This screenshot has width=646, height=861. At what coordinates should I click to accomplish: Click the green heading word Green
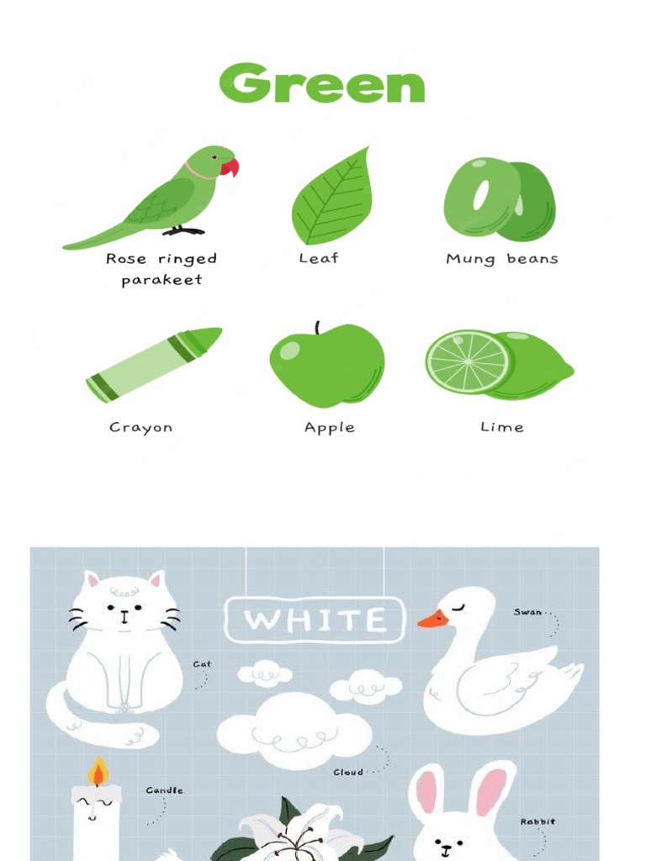tap(322, 84)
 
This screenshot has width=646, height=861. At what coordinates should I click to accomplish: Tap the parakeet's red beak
tap(230, 167)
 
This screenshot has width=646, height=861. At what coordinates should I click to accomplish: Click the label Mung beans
tap(501, 259)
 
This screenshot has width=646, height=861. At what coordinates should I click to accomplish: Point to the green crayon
tap(154, 364)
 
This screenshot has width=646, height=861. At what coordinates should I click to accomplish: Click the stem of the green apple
tap(317, 328)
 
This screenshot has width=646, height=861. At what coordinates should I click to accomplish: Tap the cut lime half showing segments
tap(468, 362)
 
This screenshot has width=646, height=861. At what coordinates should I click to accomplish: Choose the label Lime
tap(501, 427)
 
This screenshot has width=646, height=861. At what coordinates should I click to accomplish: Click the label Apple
tap(329, 428)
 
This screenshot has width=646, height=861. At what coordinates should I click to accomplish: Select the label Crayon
tap(140, 427)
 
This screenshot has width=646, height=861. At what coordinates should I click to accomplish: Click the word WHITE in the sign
tap(315, 621)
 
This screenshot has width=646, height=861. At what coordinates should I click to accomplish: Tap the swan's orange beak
tap(432, 620)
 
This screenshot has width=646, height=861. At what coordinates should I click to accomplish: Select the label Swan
tap(528, 612)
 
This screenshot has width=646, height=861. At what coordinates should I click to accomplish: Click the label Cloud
tap(348, 772)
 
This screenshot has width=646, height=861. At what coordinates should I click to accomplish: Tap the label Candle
tap(164, 790)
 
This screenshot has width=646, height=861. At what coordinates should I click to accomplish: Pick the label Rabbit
tap(537, 821)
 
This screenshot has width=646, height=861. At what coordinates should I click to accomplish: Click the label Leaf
tap(318, 259)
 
